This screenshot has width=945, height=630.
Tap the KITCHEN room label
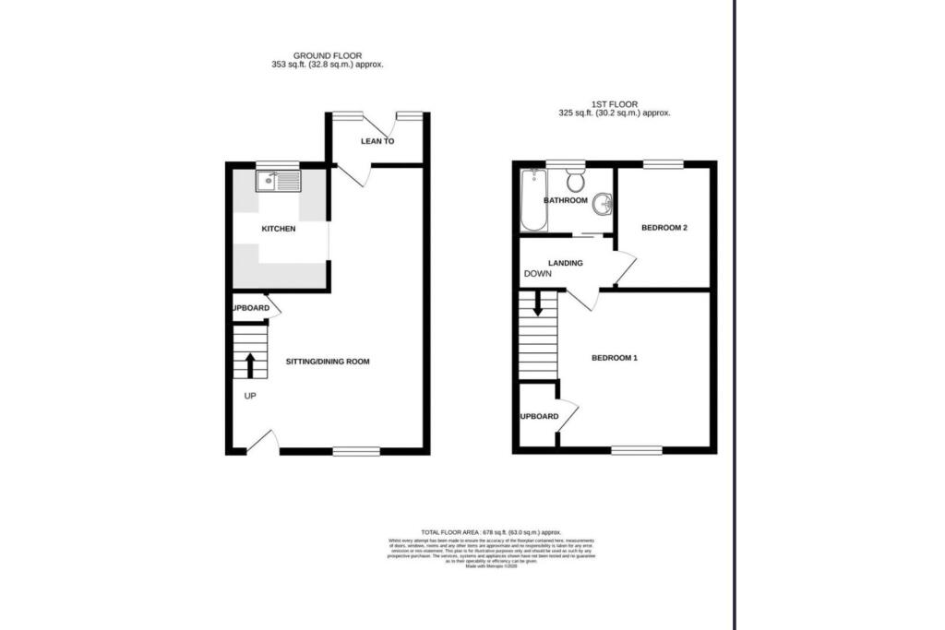pos(278,229)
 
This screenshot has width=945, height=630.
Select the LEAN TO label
pos(377,142)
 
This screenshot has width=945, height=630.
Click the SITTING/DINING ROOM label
pos(327,362)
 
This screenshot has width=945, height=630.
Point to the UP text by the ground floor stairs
pos(250,396)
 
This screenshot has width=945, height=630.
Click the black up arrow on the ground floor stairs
pos(249,364)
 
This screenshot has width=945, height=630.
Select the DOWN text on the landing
pos(538,274)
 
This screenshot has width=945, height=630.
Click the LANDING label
pos(565,263)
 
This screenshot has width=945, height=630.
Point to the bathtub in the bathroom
pos(533,200)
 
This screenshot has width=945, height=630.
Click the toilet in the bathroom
pos(575,177)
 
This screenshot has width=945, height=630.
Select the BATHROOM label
pos(565,200)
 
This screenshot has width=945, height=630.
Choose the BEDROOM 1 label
pos(614,358)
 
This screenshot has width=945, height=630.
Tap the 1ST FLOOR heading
pos(613,103)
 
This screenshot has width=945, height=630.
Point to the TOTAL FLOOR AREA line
pos(491,533)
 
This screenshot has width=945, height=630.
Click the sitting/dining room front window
pos(356,451)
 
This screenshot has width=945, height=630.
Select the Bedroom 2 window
pos(663,165)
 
